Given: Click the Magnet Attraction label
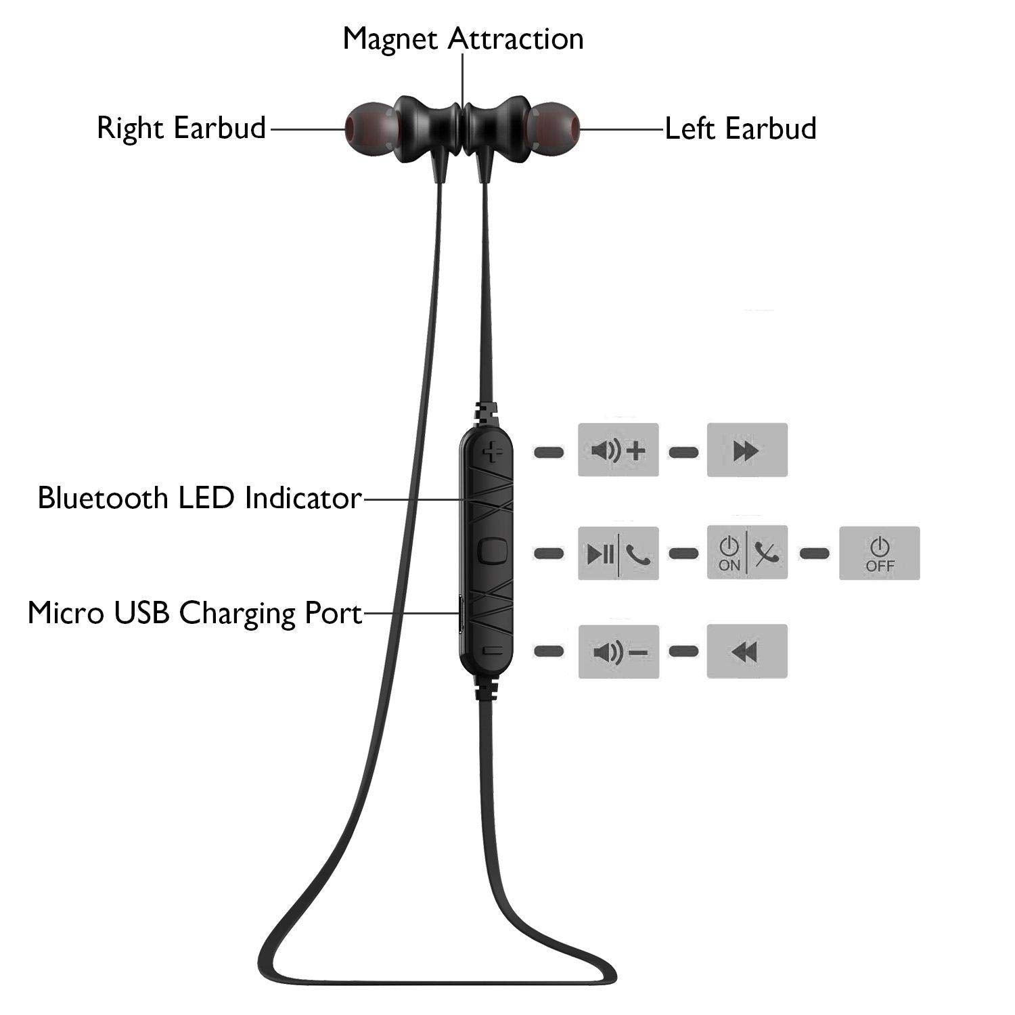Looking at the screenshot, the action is [463, 39].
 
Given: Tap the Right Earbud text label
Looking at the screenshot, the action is [181, 128].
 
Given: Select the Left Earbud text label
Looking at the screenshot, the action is [740, 128].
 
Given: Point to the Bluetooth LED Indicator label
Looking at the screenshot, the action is [200, 498].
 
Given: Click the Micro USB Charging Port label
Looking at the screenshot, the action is [195, 614].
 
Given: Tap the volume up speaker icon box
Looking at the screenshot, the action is [618, 450].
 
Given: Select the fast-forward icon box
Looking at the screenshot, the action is [747, 450].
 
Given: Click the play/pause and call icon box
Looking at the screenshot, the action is [618, 553].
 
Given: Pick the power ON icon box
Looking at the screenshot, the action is [747, 553].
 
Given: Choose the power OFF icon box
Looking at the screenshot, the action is [880, 553].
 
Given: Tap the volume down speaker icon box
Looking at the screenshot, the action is [618, 651].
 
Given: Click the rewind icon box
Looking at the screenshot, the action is [747, 651].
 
